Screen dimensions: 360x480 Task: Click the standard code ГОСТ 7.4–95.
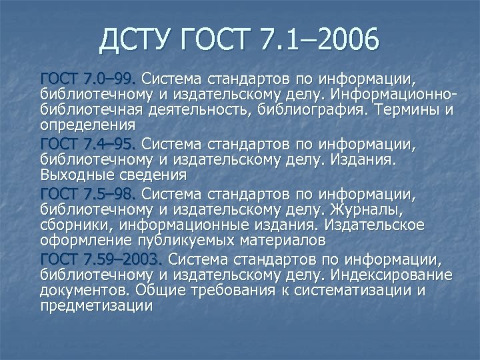click(x=89, y=143)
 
